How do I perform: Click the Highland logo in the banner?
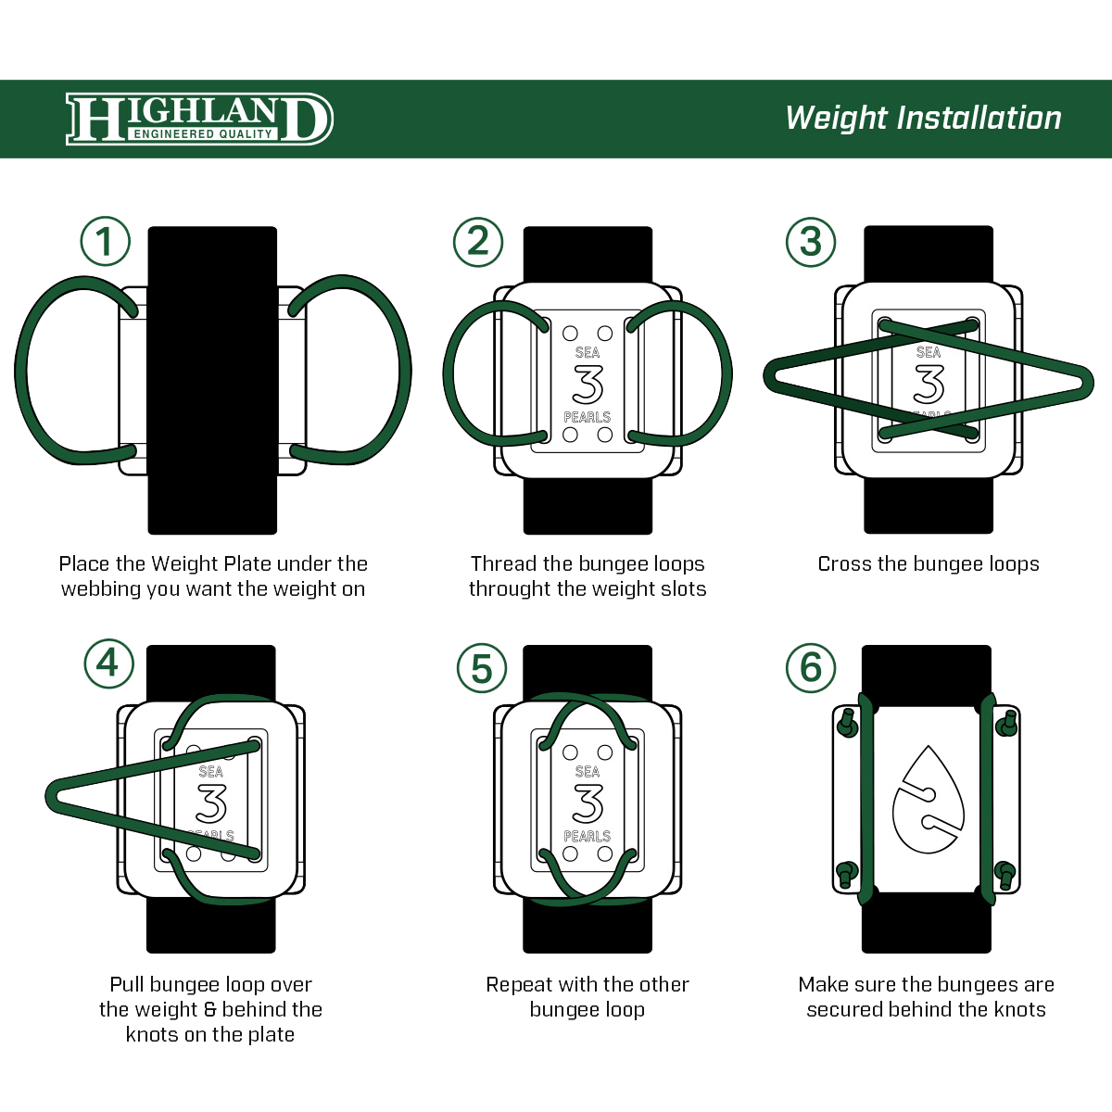[198, 119]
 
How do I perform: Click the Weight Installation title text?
[923, 119]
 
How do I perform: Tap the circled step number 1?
[105, 242]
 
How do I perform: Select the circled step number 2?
[478, 242]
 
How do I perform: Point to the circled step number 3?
[811, 242]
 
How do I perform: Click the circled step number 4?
[108, 663]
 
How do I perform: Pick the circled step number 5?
[482, 668]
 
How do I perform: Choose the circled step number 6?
[811, 668]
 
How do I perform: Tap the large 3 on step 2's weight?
[588, 385]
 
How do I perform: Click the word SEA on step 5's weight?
[588, 771]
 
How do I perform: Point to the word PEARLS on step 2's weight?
[588, 417]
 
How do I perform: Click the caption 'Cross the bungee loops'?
[928, 563]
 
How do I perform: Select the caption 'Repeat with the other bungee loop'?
[588, 997]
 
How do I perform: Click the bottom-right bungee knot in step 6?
[1005, 873]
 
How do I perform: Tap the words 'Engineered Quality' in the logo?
[203, 134]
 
